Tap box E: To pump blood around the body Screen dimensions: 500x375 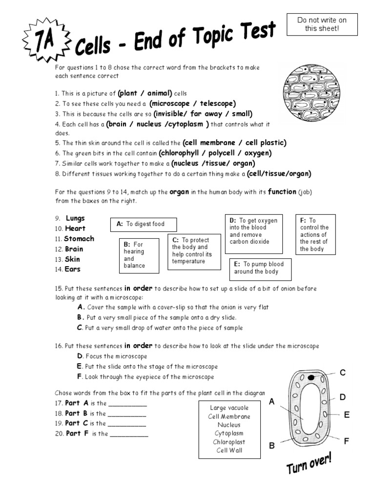(260, 268)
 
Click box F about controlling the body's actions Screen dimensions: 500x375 (315, 234)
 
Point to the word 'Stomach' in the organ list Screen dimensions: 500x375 (79, 239)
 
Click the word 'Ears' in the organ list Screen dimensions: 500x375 (73, 269)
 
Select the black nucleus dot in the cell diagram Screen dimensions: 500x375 (310, 377)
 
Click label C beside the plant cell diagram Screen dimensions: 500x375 (342, 373)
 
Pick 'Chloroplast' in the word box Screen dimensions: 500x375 (229, 442)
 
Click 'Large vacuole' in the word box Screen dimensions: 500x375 (229, 408)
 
